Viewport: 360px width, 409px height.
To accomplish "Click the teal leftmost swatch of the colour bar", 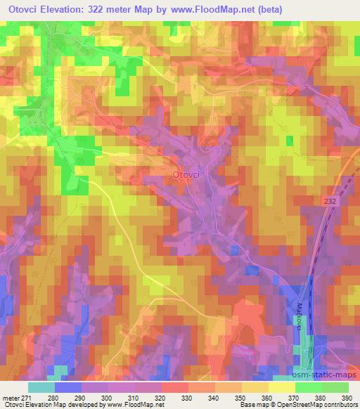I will [x=41, y=387].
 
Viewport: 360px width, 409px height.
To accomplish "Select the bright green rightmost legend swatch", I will [x=335, y=387].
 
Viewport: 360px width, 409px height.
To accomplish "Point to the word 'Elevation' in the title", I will [x=68, y=9].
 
